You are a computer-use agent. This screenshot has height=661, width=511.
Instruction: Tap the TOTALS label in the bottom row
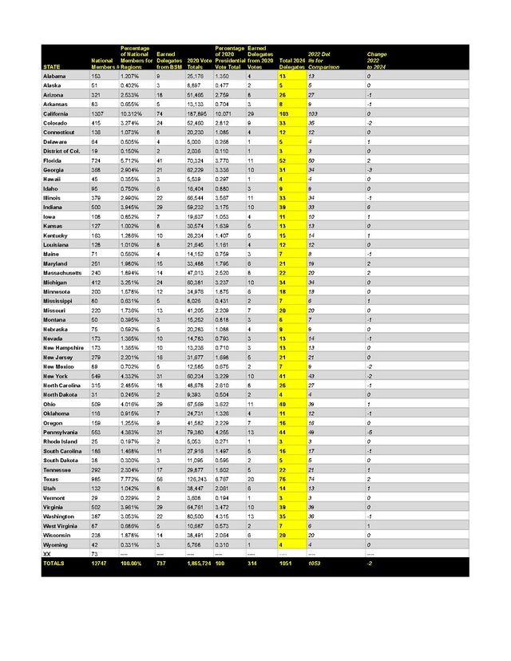coord(54,563)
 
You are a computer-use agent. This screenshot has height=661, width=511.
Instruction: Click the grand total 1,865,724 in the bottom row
coord(200,563)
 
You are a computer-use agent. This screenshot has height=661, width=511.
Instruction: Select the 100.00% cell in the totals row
coord(132,563)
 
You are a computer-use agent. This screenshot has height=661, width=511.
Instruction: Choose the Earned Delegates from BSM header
coord(168,57)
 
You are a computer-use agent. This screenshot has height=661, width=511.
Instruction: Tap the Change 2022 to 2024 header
coord(378,57)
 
